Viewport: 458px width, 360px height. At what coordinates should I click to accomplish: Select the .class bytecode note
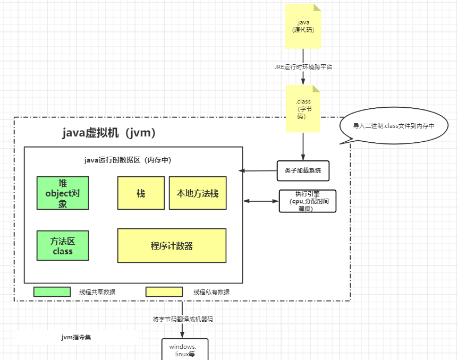coord(303,108)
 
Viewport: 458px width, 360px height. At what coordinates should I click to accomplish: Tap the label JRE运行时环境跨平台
coord(303,67)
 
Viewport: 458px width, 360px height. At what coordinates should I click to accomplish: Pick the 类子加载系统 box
coord(303,170)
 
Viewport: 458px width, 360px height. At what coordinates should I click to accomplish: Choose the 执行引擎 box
coord(308,201)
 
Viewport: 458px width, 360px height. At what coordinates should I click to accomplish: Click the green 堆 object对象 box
coord(63,193)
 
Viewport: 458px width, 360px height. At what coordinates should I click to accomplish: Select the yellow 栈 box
coord(141,193)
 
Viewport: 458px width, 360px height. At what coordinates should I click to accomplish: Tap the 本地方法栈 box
coord(198,193)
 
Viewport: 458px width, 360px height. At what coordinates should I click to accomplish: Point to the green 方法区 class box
coord(63,246)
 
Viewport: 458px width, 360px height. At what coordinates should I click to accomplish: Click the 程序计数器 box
coord(172,245)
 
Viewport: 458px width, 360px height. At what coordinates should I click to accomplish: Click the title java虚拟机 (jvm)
coord(109,133)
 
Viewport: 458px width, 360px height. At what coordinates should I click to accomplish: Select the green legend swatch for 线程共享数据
coord(52,292)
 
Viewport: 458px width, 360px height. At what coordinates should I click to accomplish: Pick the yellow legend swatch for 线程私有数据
coord(164,292)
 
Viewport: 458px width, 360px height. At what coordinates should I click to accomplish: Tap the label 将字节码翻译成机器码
coord(183,319)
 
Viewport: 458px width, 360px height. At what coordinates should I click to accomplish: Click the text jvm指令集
coord(76,337)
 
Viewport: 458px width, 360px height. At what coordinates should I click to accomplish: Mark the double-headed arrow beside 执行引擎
coord(261,201)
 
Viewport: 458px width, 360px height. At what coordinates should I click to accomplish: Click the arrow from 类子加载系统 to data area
coord(258,170)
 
